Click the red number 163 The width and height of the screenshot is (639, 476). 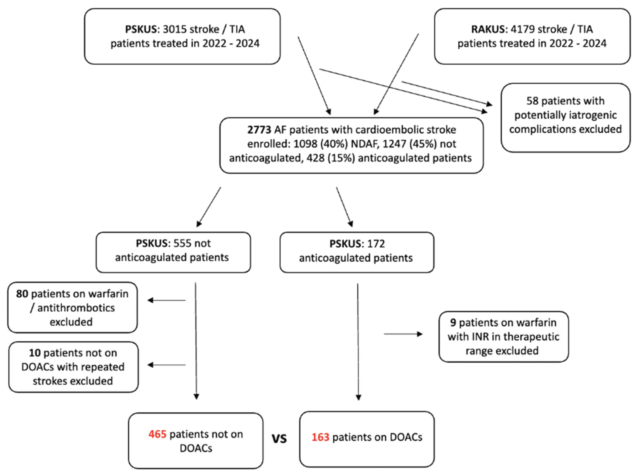(320, 437)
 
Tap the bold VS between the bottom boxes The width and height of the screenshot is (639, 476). (279, 439)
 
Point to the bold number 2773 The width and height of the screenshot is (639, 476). (259, 130)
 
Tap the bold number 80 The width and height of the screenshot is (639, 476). (22, 294)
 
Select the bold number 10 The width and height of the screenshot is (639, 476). (35, 353)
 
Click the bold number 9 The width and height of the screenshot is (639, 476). (453, 322)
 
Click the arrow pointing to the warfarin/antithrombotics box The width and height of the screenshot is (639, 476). (166, 300)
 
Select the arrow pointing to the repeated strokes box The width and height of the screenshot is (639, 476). (166, 365)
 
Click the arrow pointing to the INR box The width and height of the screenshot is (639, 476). (403, 334)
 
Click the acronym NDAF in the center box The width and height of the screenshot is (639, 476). (364, 144)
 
